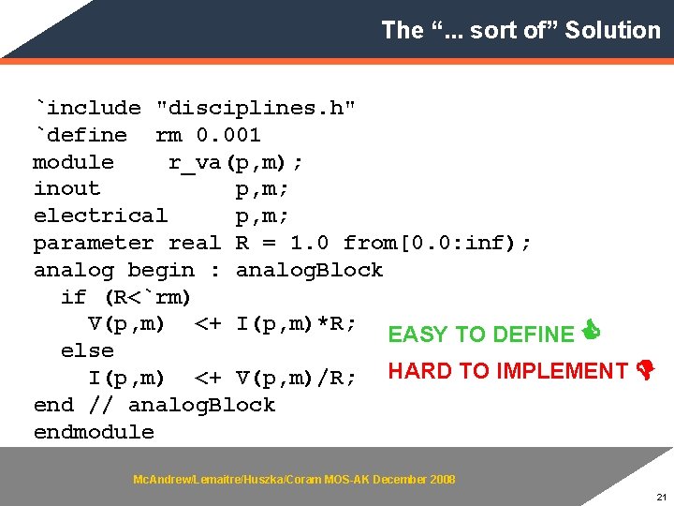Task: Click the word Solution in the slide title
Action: (612, 30)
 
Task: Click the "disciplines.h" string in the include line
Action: (256, 108)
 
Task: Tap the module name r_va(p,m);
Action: (235, 162)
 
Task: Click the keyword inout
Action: (66, 188)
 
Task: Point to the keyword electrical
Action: (100, 216)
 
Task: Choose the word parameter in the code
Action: (93, 243)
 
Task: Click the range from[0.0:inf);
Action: (437, 243)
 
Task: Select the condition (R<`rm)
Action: (147, 297)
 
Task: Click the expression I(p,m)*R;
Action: (296, 324)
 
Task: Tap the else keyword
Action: (87, 350)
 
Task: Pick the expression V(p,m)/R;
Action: (296, 378)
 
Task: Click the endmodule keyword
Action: (94, 432)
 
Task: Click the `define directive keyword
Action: (81, 135)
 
